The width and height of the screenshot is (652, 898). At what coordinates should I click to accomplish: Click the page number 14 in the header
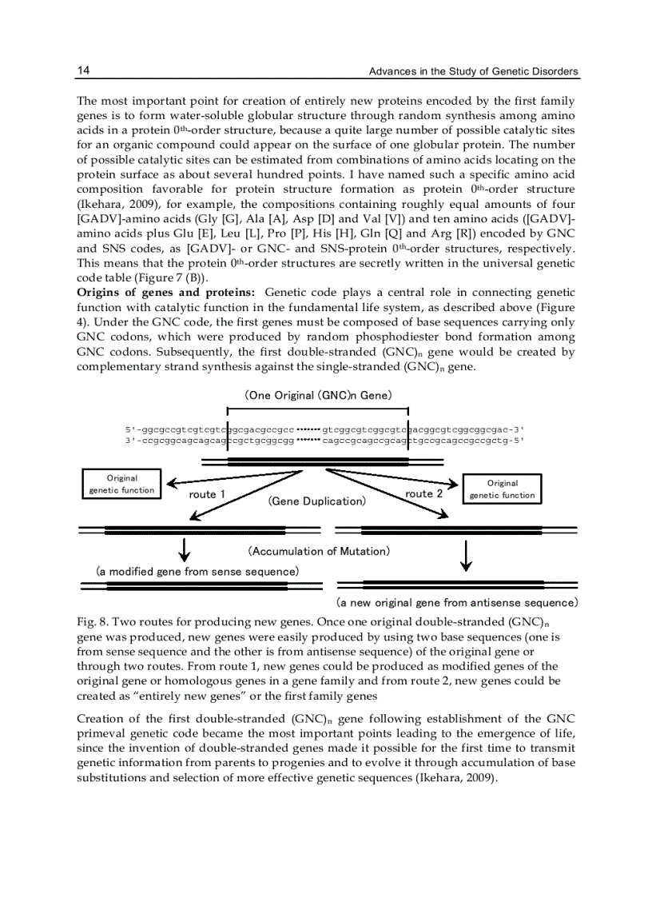[x=83, y=71]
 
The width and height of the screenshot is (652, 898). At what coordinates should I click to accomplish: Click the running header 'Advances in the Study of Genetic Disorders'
[x=473, y=72]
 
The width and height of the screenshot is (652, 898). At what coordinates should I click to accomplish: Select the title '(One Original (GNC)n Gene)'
[x=318, y=395]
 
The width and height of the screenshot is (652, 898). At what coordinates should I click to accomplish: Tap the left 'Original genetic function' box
[x=121, y=485]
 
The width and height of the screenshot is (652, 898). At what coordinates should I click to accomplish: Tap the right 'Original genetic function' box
[x=503, y=489]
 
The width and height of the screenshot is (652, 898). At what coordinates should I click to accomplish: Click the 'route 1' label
[x=207, y=494]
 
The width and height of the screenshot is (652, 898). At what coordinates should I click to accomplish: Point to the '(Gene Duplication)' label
[x=316, y=501]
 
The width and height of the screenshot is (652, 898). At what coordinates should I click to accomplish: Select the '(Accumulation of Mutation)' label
[x=318, y=551]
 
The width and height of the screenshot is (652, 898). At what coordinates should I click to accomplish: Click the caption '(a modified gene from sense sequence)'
[x=197, y=571]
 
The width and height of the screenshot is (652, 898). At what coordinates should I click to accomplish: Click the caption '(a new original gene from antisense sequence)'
[x=456, y=602]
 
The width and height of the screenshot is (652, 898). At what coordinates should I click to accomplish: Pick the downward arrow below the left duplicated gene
[x=185, y=550]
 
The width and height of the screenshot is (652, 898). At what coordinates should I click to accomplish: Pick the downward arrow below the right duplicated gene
[x=467, y=555]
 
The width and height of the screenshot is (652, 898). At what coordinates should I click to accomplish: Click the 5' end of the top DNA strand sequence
[x=132, y=429]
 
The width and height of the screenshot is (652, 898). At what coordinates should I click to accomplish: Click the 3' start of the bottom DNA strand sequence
[x=132, y=441]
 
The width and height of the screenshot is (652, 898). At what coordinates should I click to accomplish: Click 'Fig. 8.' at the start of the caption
[x=92, y=621]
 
